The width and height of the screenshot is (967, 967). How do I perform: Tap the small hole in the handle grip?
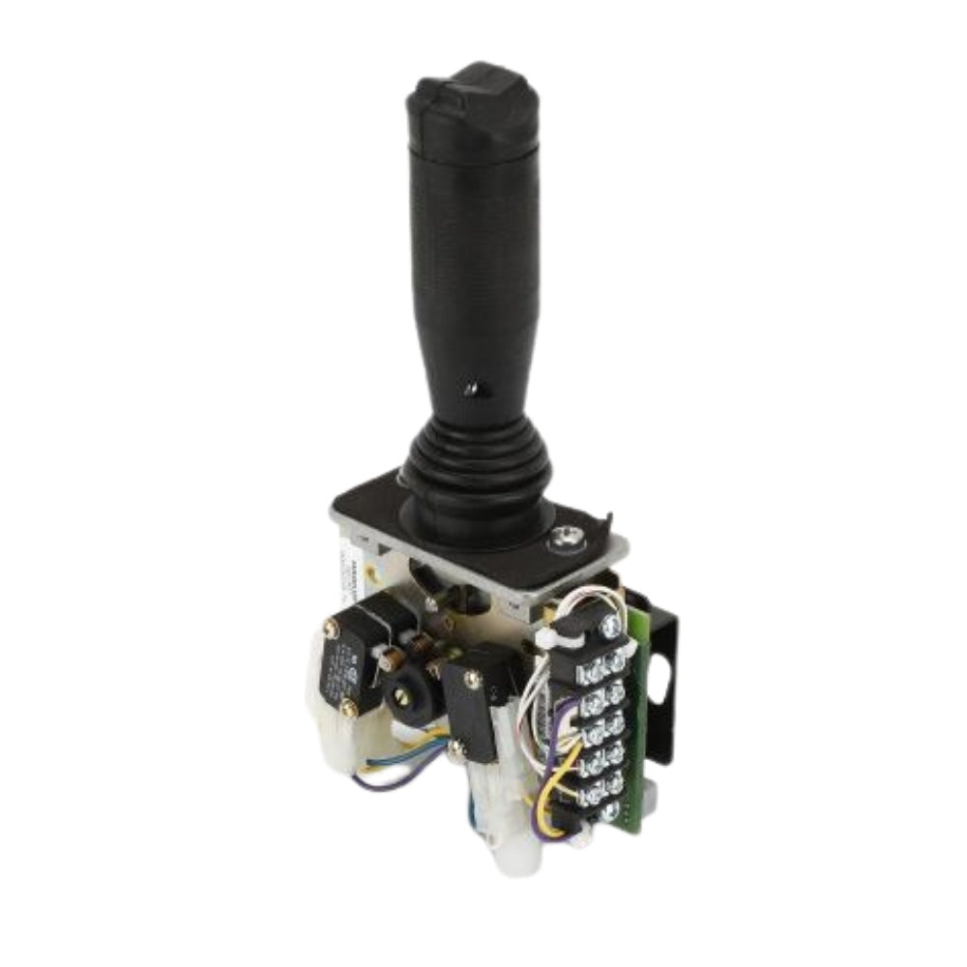(470, 388)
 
